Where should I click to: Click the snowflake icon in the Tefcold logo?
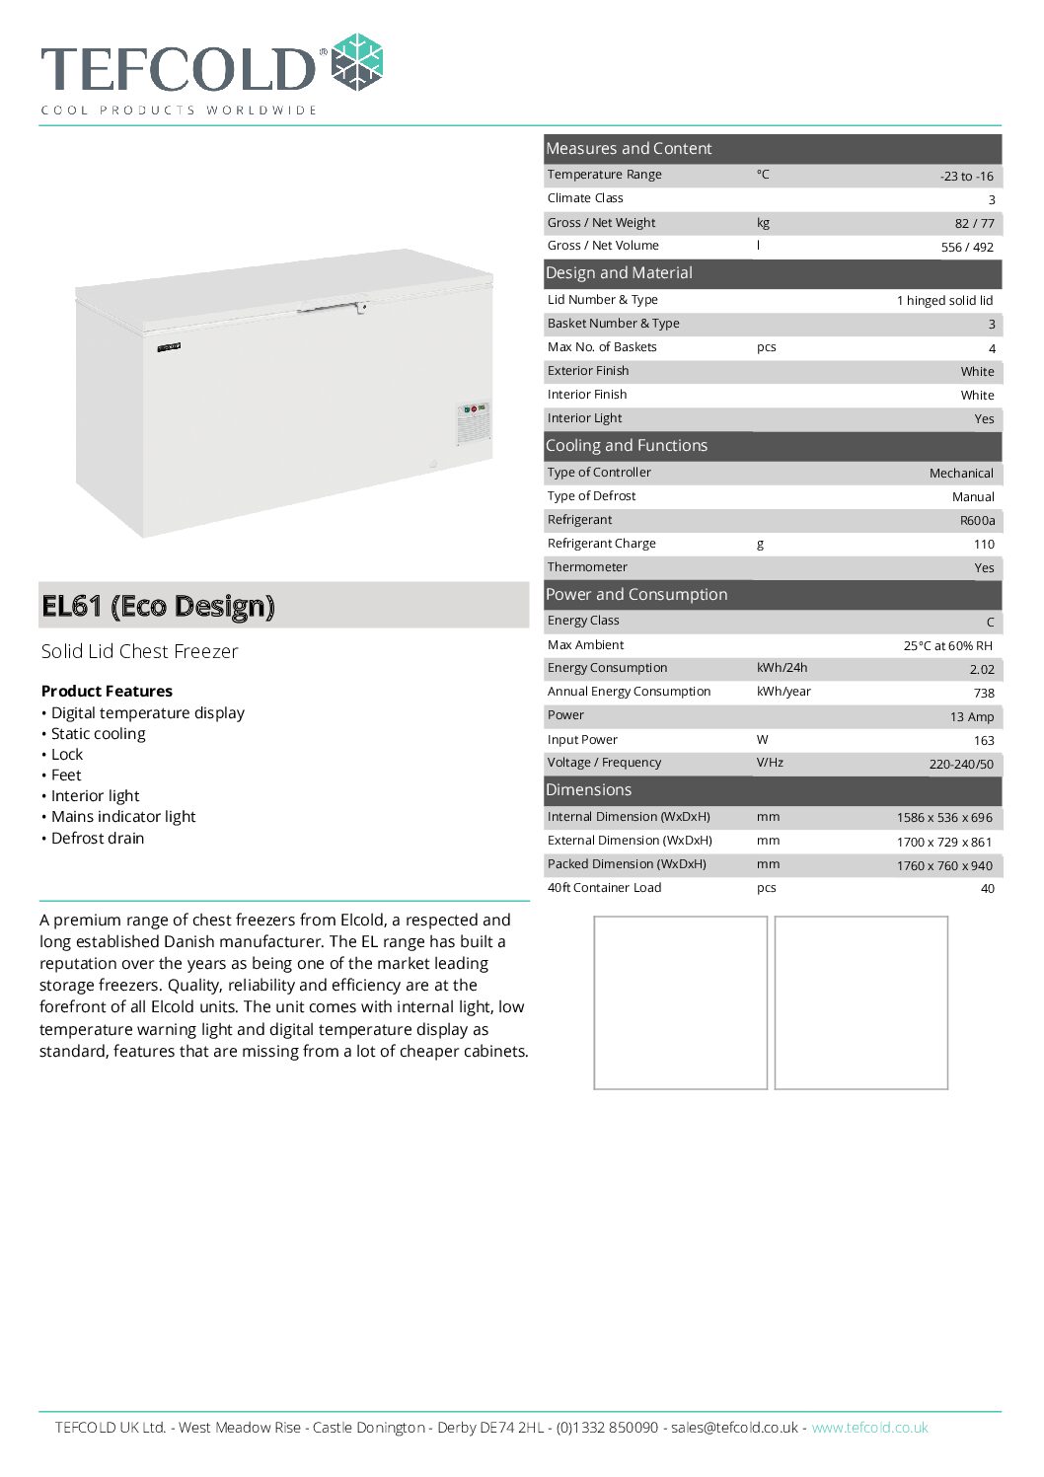[356, 63]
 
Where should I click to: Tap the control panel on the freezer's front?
[474, 422]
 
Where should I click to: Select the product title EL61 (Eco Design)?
[158, 606]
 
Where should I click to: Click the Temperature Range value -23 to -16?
[966, 176]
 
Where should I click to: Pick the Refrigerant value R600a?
[977, 520]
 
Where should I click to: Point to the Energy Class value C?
[990, 622]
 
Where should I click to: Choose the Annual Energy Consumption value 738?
[984, 693]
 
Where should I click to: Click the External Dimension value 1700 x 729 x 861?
[944, 842]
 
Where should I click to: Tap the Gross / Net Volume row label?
[603, 246]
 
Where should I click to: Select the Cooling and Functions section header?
[627, 445]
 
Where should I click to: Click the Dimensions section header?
[589, 789]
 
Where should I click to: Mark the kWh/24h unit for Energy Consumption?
[782, 668]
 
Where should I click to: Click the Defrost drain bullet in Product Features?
[97, 838]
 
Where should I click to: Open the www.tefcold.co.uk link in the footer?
[869, 1428]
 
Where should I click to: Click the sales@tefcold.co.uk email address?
[734, 1428]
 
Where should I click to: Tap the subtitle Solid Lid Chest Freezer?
[139, 651]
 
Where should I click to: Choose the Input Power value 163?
[984, 740]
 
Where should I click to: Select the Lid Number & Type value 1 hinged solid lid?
[944, 300]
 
